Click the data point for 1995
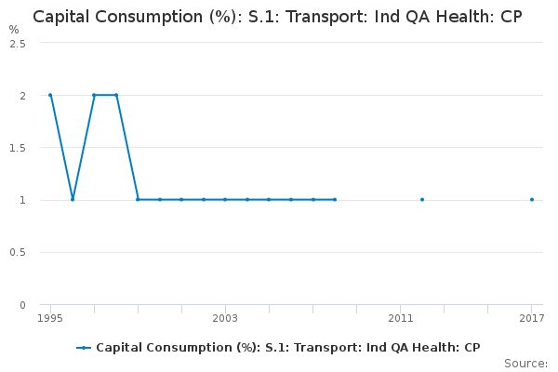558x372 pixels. tap(50, 95)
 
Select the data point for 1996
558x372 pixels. tap(73, 199)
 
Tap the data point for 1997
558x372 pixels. tap(94, 95)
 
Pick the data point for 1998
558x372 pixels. tap(116, 95)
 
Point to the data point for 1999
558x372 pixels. tap(138, 199)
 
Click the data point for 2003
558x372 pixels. tap(225, 199)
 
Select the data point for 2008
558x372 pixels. tap(335, 199)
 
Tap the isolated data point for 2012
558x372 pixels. tap(422, 199)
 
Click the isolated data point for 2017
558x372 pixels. tap(532, 199)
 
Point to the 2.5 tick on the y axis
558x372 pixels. tap(18, 44)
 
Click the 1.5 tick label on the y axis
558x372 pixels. tap(18, 148)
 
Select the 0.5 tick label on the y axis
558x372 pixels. tap(18, 253)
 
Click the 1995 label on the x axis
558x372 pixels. tap(50, 319)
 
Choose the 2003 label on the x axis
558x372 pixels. tap(225, 319)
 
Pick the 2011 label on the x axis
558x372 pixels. tap(401, 319)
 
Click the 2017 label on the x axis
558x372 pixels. tap(532, 319)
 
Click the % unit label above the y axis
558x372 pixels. tap(14, 30)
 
